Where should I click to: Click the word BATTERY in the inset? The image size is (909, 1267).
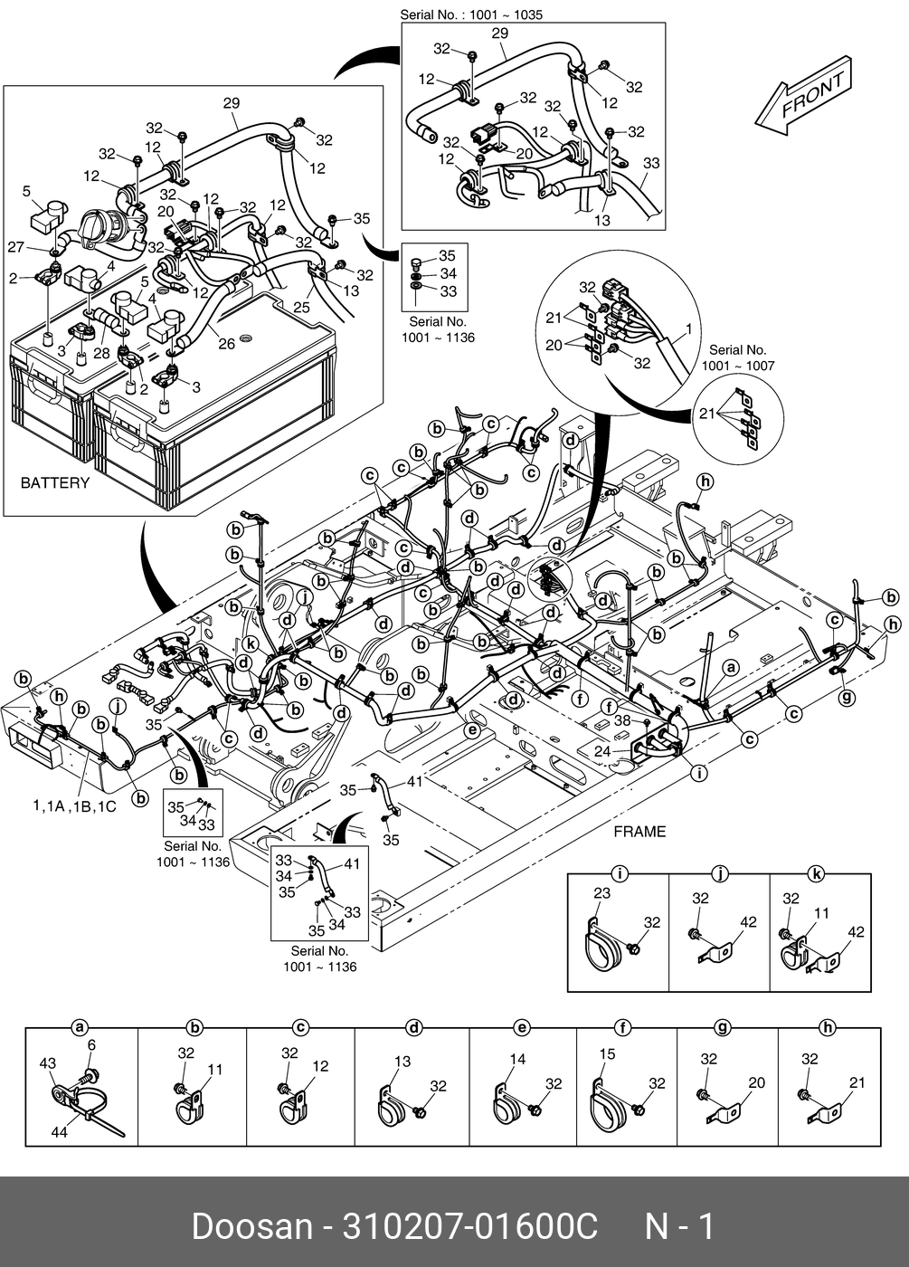pyautogui.click(x=55, y=483)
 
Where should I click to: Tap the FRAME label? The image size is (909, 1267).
pyautogui.click(x=639, y=832)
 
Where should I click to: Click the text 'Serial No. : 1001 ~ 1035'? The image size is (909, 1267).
pyautogui.click(x=471, y=15)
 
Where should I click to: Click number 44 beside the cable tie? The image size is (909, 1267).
pyautogui.click(x=59, y=1131)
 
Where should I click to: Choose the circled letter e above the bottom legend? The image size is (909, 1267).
pyautogui.click(x=522, y=1027)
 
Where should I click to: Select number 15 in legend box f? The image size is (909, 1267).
pyautogui.click(x=607, y=1053)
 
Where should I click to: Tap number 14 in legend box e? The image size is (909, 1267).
pyautogui.click(x=517, y=1060)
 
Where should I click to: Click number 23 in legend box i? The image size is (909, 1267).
pyautogui.click(x=602, y=893)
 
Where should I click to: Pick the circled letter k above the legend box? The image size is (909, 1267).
pyautogui.click(x=816, y=874)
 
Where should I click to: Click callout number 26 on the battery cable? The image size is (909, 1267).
pyautogui.click(x=226, y=343)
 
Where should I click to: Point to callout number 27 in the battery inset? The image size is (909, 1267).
pyautogui.click(x=15, y=246)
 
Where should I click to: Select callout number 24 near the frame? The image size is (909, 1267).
pyautogui.click(x=602, y=750)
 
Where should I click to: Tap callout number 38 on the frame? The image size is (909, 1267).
pyautogui.click(x=622, y=721)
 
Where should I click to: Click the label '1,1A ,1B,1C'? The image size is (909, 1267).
pyautogui.click(x=74, y=805)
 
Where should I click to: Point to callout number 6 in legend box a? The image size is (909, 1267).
pyautogui.click(x=90, y=1045)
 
